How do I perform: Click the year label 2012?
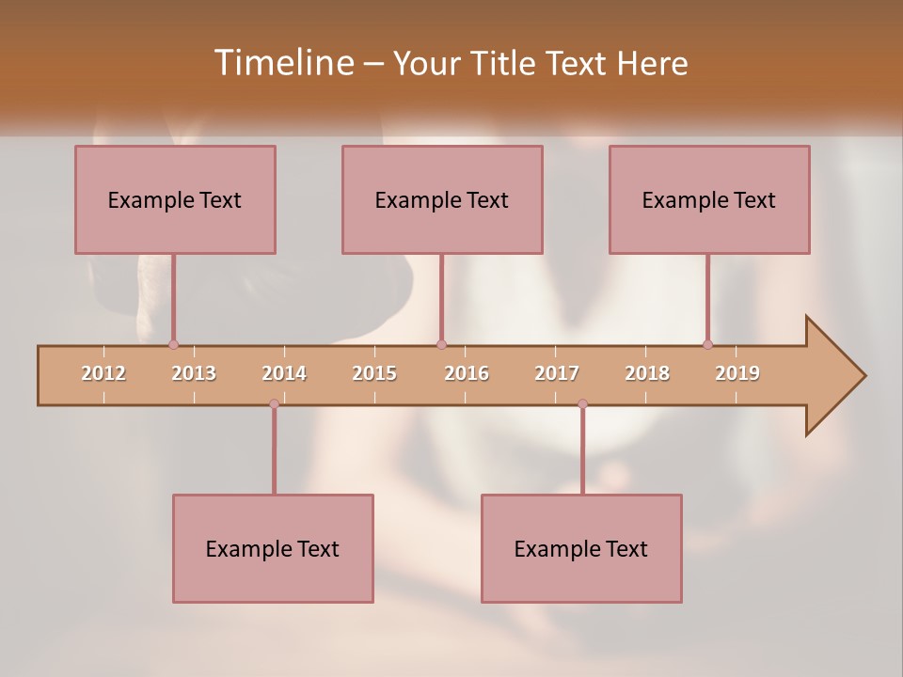coord(103,373)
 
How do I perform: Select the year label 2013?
coord(194,373)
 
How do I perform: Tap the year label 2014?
coord(284,373)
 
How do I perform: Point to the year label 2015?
coord(374,373)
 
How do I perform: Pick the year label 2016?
coord(467,373)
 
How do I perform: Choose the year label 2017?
coord(557,373)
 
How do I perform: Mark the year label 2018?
coord(647,373)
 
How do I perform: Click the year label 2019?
coord(737,373)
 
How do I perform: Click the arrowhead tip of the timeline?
coord(863,376)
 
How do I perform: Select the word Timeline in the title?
coord(283,63)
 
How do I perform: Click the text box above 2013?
coord(175,200)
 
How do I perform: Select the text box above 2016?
coord(442,200)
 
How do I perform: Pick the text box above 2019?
coord(709,200)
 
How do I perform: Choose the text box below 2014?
coord(273,548)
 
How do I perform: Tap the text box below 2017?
coord(581,548)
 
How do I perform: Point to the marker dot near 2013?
coord(173,345)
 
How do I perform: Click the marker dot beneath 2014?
coord(274,404)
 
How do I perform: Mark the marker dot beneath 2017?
coord(582,404)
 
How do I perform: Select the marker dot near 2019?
coord(707,345)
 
